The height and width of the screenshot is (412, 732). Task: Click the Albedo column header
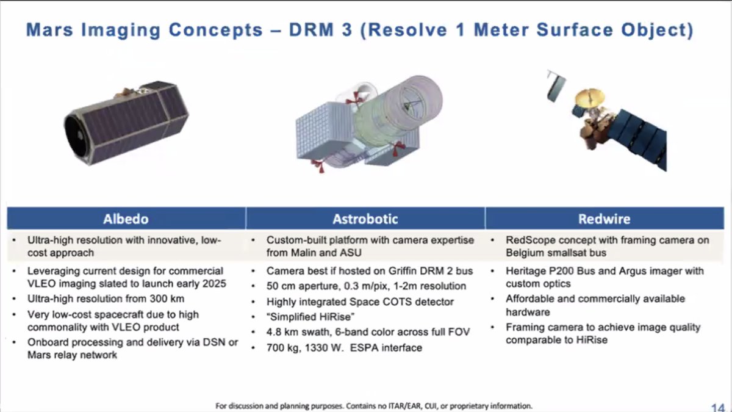[126, 219]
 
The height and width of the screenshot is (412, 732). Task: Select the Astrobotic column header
[365, 219]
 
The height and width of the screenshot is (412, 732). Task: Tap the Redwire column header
[605, 219]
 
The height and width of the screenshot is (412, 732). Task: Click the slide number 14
[717, 407]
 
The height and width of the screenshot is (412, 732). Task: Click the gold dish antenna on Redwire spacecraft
[587, 98]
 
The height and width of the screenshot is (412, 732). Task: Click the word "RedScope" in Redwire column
[527, 240]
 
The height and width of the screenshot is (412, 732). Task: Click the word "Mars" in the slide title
[52, 29]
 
